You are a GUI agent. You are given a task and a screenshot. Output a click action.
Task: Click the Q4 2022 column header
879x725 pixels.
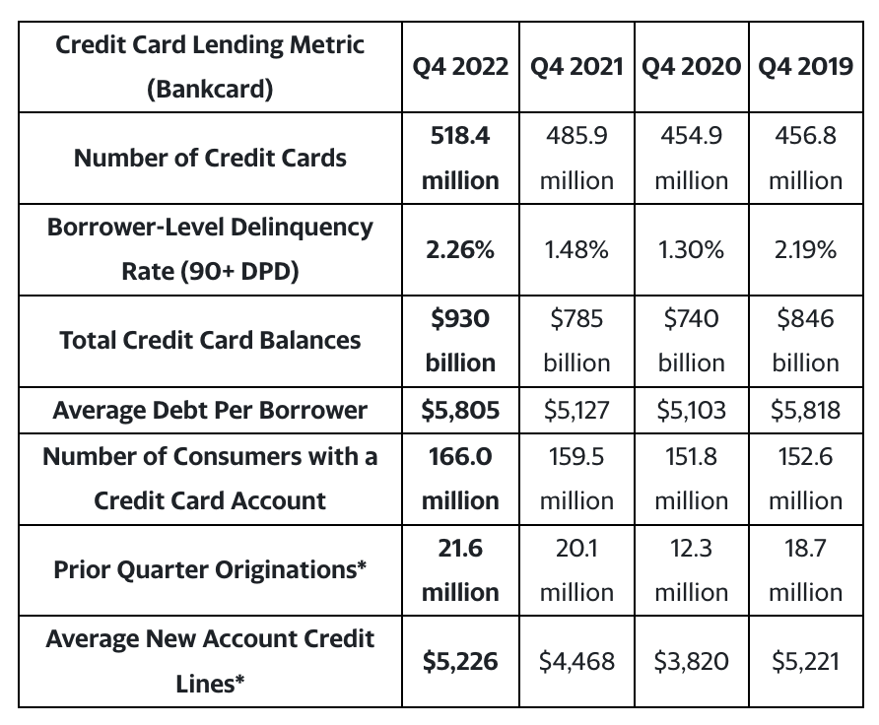460,67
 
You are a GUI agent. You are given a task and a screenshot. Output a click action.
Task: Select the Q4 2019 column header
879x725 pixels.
805,67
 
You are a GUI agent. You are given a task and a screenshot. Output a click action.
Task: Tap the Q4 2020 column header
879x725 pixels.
691,67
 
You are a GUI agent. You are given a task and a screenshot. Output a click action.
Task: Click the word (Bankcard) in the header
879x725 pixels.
210,89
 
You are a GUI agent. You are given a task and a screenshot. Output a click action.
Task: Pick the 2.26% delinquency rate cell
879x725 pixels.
460,250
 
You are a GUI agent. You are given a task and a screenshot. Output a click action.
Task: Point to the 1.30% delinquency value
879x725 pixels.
691,250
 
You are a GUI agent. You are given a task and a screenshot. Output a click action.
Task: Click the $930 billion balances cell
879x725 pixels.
460,341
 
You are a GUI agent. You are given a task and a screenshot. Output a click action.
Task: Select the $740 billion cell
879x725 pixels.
691,341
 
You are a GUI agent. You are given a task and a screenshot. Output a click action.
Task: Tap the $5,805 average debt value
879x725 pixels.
460,410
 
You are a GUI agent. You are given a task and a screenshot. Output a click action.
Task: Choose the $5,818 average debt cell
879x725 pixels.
805,410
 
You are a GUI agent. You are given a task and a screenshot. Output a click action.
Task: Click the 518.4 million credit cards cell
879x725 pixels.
460,158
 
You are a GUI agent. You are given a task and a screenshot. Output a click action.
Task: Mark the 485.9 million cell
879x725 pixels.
576,158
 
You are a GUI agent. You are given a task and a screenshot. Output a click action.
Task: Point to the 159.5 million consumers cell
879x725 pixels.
576,479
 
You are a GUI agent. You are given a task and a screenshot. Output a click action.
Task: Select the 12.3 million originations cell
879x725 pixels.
691,569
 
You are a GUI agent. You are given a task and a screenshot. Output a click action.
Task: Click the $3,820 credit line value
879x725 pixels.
691,662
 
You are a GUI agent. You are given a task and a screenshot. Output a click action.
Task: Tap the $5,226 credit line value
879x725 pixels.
460,662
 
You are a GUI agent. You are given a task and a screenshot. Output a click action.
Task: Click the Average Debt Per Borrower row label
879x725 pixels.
210,410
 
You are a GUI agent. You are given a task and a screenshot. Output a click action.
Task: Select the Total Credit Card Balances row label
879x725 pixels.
210,341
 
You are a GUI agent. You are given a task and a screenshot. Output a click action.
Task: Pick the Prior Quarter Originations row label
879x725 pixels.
210,569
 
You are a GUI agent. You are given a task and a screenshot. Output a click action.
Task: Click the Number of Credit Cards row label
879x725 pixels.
210,158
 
